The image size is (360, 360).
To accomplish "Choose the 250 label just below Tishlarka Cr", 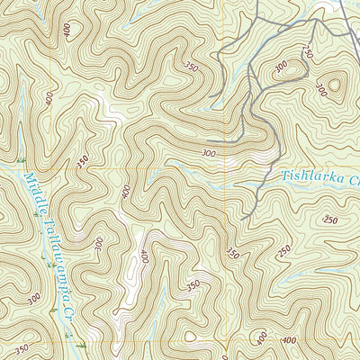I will tap(330, 220).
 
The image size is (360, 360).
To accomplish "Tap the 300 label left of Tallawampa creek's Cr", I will tap(34, 297).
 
